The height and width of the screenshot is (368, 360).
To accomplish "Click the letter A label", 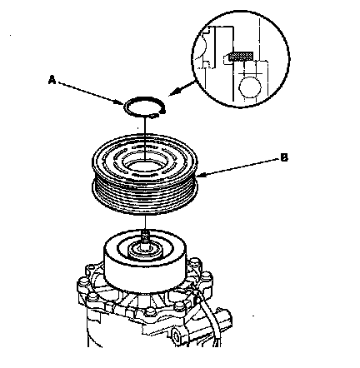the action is (x=52, y=80).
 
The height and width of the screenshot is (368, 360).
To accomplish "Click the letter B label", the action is (x=284, y=158).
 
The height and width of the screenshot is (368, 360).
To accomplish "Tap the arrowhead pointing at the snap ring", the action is (x=120, y=102).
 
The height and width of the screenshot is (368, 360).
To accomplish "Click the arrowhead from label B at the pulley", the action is (x=201, y=175).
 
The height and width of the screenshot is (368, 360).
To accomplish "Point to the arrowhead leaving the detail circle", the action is (x=172, y=92).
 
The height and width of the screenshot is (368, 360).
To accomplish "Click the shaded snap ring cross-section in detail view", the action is (x=241, y=56).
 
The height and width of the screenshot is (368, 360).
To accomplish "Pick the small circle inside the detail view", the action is (x=250, y=87).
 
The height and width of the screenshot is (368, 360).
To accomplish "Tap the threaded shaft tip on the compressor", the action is (x=144, y=236).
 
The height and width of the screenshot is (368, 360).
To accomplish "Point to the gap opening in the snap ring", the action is (x=159, y=113).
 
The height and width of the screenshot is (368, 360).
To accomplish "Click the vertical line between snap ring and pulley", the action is (x=145, y=139).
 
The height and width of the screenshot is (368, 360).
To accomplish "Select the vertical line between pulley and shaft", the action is (x=145, y=223).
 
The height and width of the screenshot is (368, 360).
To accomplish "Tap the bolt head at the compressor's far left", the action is (x=81, y=282).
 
